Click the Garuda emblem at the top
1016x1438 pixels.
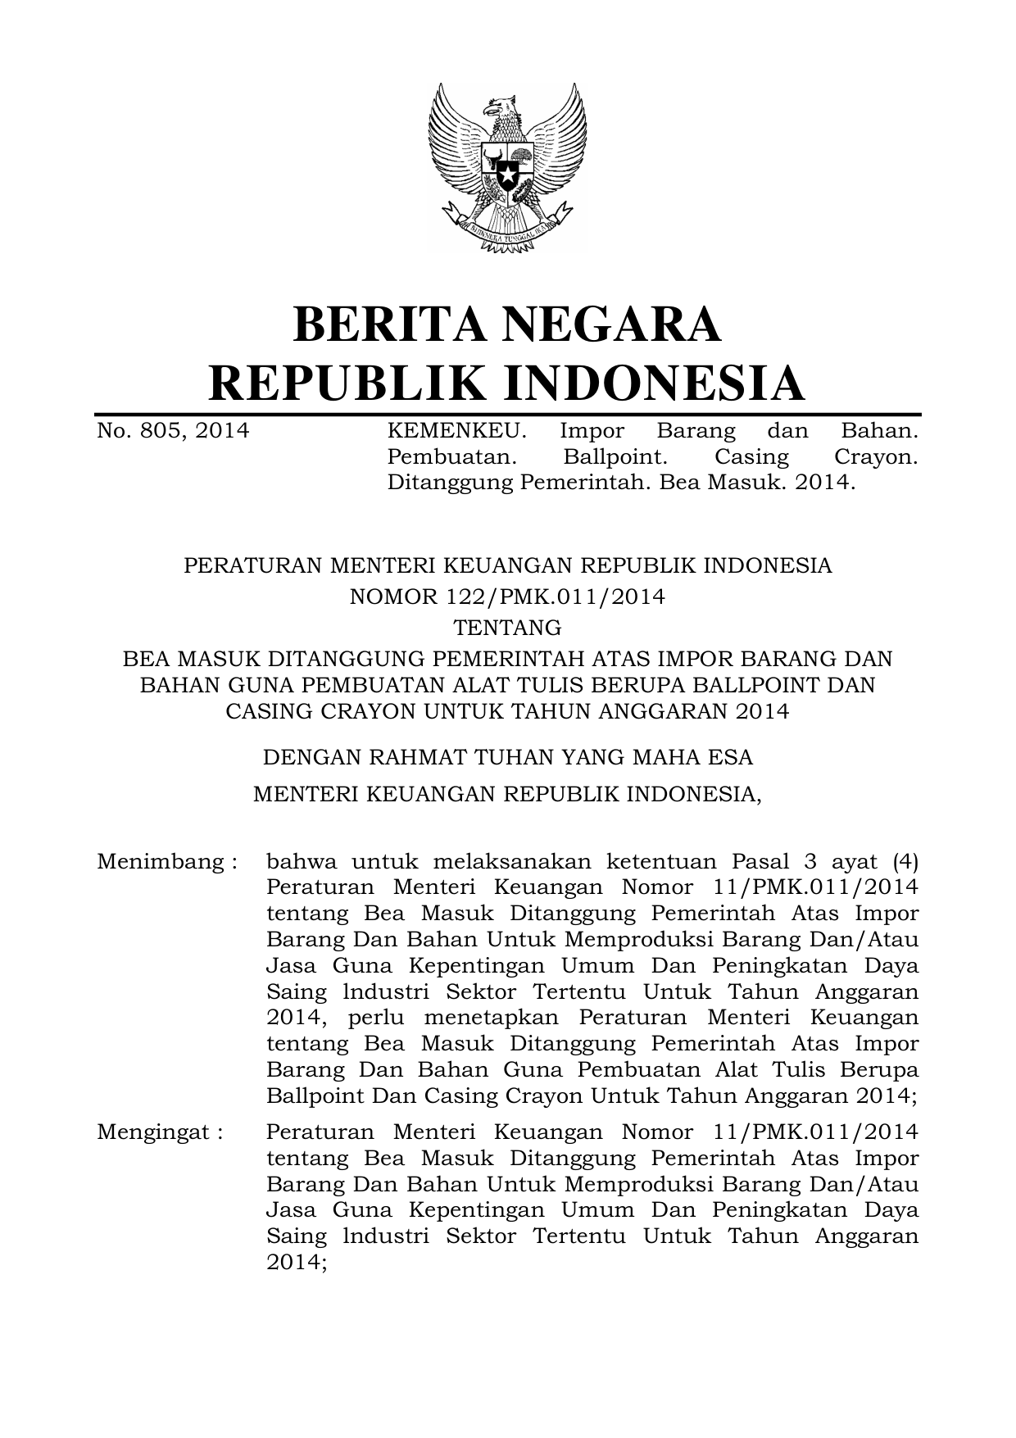pos(507,168)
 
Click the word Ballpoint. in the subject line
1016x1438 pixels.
pos(615,457)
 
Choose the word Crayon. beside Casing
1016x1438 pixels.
pos(875,457)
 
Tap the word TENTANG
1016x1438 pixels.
pos(507,628)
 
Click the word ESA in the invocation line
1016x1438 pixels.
pos(731,757)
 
